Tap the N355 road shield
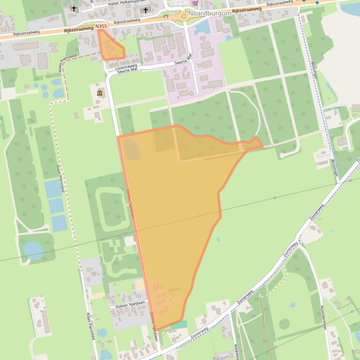pos(101,27)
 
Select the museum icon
pos(100,93)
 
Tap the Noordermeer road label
pos(323,317)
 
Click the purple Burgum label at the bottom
pos(221,357)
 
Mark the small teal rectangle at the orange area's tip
pos(179,324)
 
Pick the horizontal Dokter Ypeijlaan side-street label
pos(128,306)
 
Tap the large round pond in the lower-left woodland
pos(33,251)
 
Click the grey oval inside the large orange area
pos(132,150)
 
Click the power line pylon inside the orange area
pos(200,216)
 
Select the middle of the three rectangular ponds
pos(56,206)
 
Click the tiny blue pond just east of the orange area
pos(218,239)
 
